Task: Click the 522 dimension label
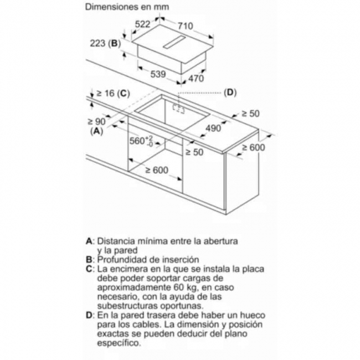coord(142,24)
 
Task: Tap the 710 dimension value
coord(186,26)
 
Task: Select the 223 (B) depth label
coord(105,43)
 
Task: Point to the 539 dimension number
coord(158,74)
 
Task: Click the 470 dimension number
coord(196,78)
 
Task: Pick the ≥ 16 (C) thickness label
coord(113,93)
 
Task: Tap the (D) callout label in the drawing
coord(230,92)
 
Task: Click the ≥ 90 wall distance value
coord(96,121)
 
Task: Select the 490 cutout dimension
coord(214,128)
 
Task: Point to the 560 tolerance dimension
coord(141,141)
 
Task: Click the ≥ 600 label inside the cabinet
coord(157,170)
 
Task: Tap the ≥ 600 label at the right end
coord(254,147)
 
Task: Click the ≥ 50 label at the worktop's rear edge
coord(250,114)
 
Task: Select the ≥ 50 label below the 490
coord(194,152)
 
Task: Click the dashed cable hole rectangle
coord(179,109)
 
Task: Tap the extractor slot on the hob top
coord(174,42)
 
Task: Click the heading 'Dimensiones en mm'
coord(127,7)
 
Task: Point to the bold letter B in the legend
coord(89,259)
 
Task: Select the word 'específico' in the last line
coord(119,343)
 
